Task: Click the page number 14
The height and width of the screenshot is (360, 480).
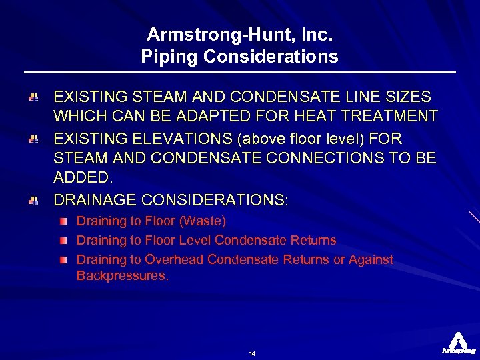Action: (x=253, y=353)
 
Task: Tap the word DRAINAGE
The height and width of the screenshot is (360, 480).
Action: (x=97, y=199)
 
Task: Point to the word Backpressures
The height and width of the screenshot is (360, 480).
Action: (x=122, y=275)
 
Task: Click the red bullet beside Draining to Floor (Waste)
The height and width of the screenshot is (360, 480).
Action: (x=62, y=221)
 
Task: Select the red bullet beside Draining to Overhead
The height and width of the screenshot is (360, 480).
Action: (x=62, y=259)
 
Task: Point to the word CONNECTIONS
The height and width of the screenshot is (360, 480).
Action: (x=333, y=159)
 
